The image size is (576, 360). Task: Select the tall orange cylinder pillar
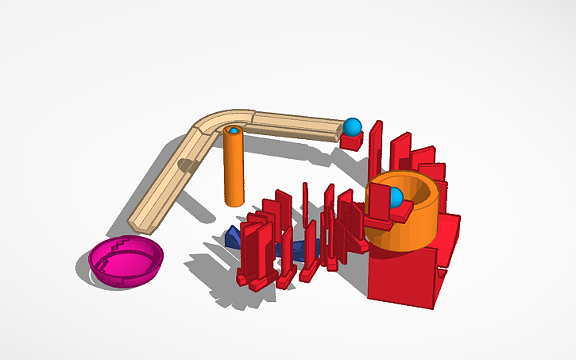(234, 171)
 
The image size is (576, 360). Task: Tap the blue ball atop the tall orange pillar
(234, 130)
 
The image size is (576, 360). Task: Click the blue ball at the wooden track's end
(352, 126)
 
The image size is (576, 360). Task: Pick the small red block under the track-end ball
(351, 141)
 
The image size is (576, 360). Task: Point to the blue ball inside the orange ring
(395, 196)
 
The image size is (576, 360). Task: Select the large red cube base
(401, 274)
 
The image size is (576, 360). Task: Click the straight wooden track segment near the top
(294, 126)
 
